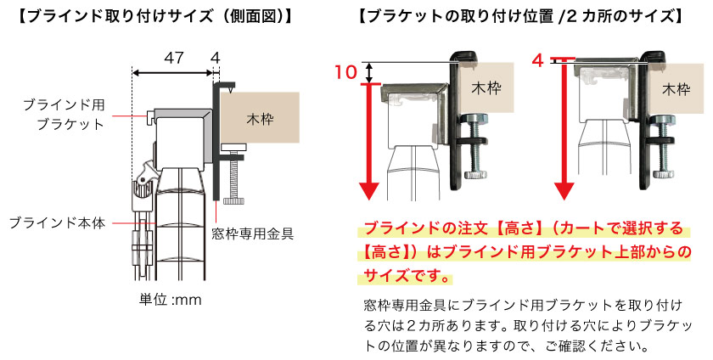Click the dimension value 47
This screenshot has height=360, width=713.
173,58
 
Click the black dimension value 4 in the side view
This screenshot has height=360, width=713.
216,58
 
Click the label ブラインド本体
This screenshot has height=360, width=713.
57,223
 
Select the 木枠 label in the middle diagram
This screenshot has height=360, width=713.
486,88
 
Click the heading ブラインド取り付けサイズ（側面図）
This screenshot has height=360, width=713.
155,16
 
